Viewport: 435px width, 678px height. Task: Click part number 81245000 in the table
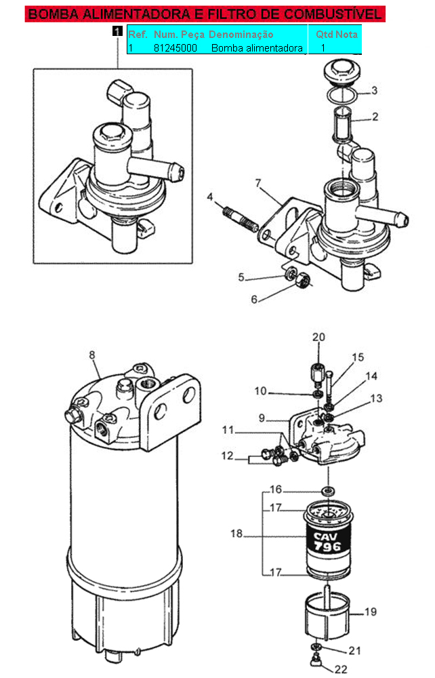click(175, 47)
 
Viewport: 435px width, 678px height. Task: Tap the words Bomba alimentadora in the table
click(257, 47)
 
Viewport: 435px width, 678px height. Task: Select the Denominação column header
click(241, 34)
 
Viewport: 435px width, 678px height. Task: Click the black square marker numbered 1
click(117, 31)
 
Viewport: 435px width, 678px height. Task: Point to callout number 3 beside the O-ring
click(374, 90)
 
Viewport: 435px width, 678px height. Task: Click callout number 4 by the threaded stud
click(210, 197)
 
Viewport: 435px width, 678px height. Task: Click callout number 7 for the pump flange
click(258, 183)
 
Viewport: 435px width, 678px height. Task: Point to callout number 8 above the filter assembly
click(91, 355)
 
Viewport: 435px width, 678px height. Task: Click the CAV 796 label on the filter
click(327, 542)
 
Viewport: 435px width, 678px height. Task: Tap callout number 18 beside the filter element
click(236, 533)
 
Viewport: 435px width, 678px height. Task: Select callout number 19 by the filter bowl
click(371, 612)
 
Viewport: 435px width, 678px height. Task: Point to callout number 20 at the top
click(319, 337)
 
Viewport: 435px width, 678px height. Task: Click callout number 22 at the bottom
click(341, 669)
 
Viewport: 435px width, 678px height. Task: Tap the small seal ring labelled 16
click(329, 491)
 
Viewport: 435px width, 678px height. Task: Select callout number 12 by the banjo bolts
click(227, 456)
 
